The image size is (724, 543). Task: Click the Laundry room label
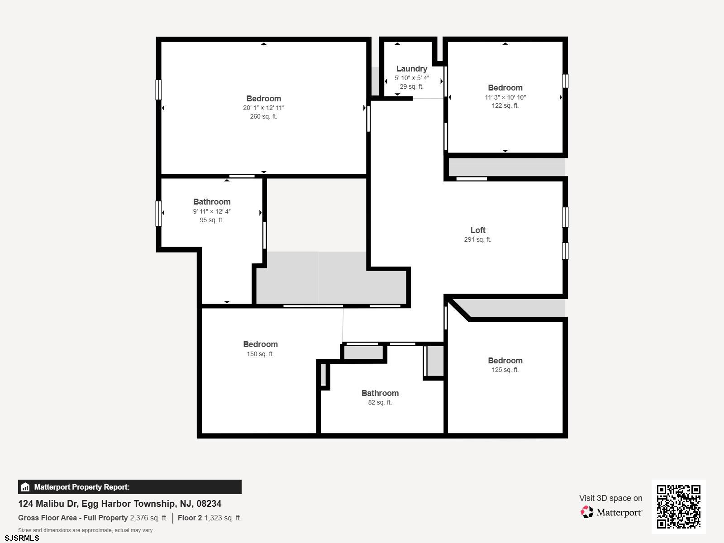pyautogui.click(x=412, y=69)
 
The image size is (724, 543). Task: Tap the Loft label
pyautogui.click(x=477, y=230)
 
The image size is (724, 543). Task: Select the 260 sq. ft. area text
pyautogui.click(x=263, y=116)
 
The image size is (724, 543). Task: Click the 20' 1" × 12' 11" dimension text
pyautogui.click(x=263, y=108)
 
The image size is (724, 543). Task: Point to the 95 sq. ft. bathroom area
pyautogui.click(x=211, y=220)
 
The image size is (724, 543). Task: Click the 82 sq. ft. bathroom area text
pyautogui.click(x=380, y=402)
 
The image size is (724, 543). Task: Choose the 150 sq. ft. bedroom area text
pyautogui.click(x=260, y=354)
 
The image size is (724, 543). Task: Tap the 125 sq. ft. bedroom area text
pyautogui.click(x=505, y=370)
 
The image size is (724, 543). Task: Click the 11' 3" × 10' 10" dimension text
pyautogui.click(x=505, y=97)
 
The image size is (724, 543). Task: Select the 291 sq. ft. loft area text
pyautogui.click(x=477, y=239)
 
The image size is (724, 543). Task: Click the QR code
pyautogui.click(x=678, y=506)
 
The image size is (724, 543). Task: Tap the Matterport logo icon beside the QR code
pyautogui.click(x=586, y=512)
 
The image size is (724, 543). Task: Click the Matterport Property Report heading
pyautogui.click(x=82, y=487)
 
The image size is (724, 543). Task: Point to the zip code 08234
pyautogui.click(x=209, y=504)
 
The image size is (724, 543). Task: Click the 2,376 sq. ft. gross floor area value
pyautogui.click(x=148, y=518)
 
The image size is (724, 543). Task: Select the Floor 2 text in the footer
pyautogui.click(x=190, y=518)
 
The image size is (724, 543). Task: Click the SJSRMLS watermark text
pyautogui.click(x=22, y=538)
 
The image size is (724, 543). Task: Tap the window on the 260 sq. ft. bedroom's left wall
pyautogui.click(x=159, y=90)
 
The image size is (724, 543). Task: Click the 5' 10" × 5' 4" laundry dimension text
pyautogui.click(x=412, y=78)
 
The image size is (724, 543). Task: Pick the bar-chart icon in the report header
pyautogui.click(x=25, y=487)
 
